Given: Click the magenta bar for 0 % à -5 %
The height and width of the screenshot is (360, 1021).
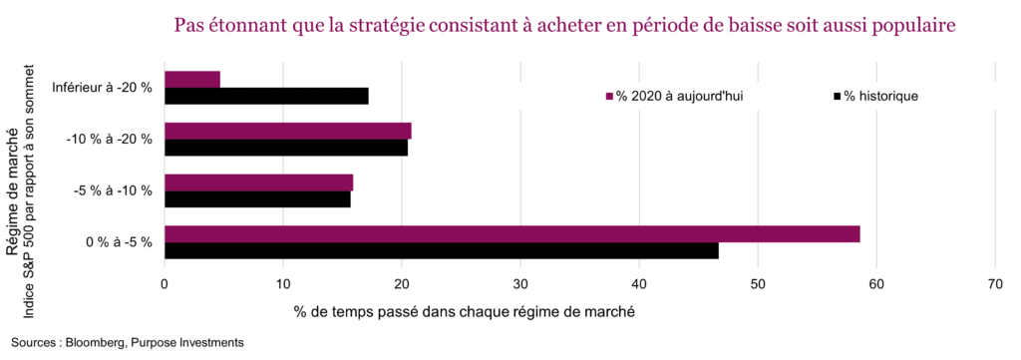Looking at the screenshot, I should point(511,234).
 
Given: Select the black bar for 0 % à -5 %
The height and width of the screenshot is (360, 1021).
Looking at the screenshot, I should point(441,251).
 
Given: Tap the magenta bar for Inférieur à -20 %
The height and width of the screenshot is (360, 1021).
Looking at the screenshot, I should point(191,80).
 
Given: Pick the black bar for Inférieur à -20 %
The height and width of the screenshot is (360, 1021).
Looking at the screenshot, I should point(266,97).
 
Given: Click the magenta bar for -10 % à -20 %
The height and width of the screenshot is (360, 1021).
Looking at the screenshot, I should point(287,132).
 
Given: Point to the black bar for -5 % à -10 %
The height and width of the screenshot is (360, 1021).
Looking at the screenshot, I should point(257,199).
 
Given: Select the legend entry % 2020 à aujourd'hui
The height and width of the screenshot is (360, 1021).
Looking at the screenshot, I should point(680,96).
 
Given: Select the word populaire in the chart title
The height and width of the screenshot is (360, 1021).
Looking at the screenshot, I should point(908,25).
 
